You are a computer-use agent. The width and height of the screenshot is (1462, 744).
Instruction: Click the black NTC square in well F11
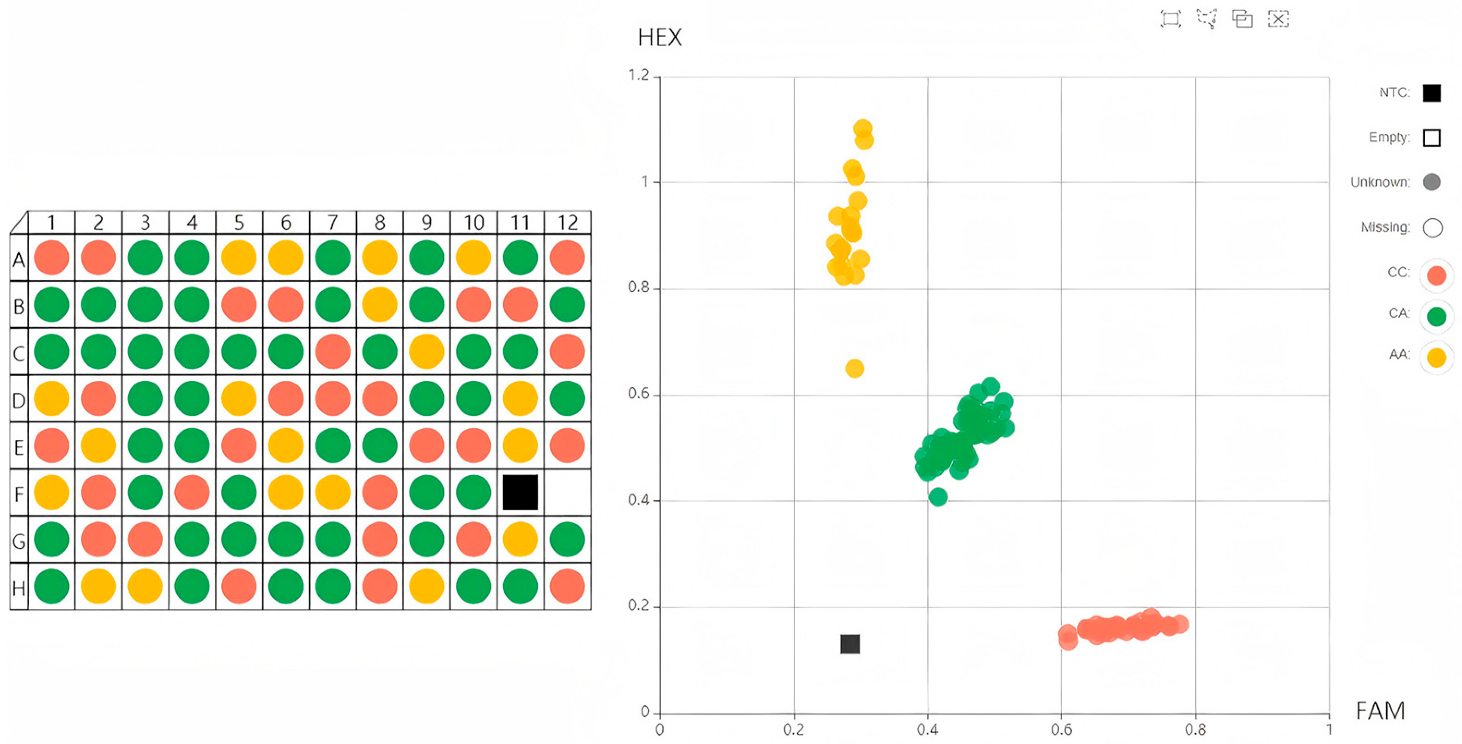tap(520, 492)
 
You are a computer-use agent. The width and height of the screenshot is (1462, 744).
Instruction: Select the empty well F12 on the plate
tap(567, 492)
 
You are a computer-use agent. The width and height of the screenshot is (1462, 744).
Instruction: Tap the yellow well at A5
tap(238, 258)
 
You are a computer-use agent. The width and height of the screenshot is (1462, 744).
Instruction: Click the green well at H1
tap(51, 586)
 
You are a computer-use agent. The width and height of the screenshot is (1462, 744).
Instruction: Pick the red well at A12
tap(567, 258)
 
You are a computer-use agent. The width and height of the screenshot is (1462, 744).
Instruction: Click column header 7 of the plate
tap(333, 222)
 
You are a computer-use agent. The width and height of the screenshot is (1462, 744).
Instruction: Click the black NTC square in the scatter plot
tap(849, 644)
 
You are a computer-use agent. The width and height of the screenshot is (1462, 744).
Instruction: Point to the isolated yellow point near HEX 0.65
tap(854, 369)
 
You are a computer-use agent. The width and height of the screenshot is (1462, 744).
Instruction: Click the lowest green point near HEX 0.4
tap(938, 497)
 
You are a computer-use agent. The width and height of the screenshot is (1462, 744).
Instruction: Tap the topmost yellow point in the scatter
tap(862, 129)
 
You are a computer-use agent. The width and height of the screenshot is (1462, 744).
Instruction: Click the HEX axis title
tap(660, 38)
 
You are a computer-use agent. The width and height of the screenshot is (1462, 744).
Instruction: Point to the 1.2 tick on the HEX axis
tap(638, 75)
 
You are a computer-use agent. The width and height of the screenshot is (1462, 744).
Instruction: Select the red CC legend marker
tap(1436, 275)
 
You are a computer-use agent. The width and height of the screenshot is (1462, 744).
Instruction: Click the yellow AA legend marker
tap(1436, 358)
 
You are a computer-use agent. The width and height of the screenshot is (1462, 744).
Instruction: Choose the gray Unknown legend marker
tap(1432, 182)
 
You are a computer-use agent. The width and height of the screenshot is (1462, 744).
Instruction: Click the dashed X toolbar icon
tap(1278, 19)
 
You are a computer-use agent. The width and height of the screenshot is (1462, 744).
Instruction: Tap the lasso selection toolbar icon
tap(1207, 19)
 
